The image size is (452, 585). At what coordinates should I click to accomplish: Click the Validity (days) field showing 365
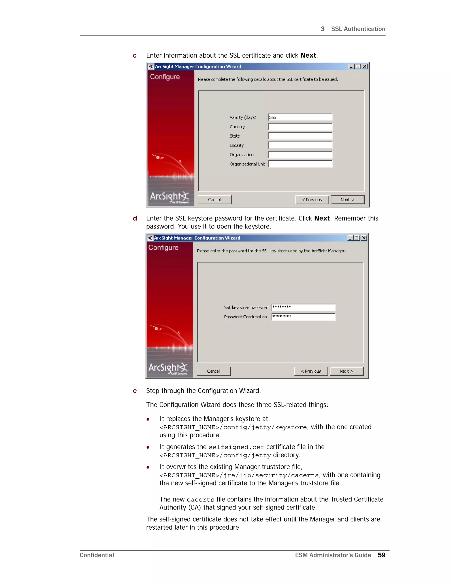coord(300,117)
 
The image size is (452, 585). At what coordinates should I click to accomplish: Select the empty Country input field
coord(300,127)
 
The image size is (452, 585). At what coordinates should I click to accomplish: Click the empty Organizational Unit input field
coord(300,164)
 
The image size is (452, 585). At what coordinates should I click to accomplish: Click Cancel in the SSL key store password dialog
coord(213,371)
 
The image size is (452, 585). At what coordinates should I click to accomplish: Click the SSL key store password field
coord(303,307)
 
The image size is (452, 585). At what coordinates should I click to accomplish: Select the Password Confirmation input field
coord(303,317)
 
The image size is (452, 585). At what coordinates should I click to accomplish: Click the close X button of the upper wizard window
coord(365,66)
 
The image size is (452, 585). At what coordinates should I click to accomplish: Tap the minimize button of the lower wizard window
coord(350,238)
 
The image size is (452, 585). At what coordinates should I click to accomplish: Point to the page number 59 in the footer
coord(381,555)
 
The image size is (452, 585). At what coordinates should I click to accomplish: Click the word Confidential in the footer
coord(97,555)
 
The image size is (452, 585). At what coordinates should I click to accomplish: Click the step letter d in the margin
coord(135,218)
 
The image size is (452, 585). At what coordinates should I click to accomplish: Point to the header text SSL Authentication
coord(358,29)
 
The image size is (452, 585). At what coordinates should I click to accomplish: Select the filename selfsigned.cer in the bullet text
coord(236,447)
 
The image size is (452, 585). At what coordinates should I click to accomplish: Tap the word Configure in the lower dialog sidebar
coord(163,247)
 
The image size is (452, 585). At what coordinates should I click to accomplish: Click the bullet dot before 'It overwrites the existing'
coord(148,467)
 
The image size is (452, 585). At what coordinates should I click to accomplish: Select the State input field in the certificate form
coord(300,136)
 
